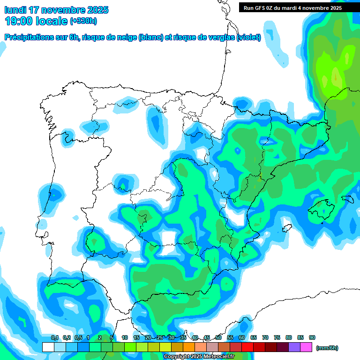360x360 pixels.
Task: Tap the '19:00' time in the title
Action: (x=18, y=21)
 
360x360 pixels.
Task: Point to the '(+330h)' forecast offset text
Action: (x=84, y=21)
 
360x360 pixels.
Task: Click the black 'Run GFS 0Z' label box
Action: (x=292, y=7)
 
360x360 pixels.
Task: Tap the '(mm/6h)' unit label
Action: (x=327, y=348)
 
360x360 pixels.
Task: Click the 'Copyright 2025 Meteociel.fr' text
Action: (x=199, y=357)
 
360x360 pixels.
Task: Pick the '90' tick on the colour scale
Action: (x=312, y=337)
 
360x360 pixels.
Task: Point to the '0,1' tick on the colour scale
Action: (x=54, y=337)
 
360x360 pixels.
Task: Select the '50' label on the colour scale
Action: (x=218, y=337)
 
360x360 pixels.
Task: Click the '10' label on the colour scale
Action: (x=125, y=337)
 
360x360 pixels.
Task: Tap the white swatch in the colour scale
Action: (x=48, y=347)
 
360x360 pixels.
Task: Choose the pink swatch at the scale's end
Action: (x=306, y=347)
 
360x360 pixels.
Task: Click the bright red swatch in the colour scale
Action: (x=247, y=347)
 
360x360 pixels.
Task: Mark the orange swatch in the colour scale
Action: (x=189, y=347)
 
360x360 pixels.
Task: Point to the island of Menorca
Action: (x=348, y=199)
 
